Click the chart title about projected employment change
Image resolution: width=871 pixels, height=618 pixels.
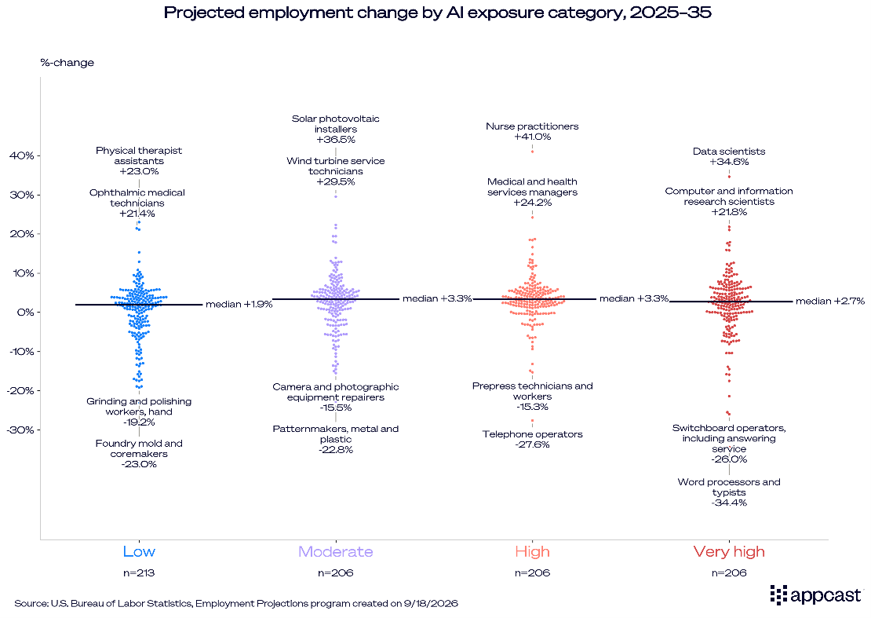click(437, 13)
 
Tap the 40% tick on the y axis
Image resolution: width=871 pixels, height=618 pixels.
click(22, 155)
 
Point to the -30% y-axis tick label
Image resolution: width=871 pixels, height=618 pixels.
click(20, 430)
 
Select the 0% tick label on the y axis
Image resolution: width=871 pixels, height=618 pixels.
click(26, 313)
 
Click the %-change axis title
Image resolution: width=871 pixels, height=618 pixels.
click(67, 62)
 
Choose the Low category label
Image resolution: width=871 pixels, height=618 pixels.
click(139, 551)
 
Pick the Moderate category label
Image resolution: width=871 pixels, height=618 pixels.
click(336, 551)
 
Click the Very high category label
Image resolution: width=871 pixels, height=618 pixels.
click(729, 552)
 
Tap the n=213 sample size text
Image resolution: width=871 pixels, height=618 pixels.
click(139, 572)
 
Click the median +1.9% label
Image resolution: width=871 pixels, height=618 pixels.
click(239, 304)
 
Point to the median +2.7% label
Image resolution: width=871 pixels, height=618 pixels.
click(830, 302)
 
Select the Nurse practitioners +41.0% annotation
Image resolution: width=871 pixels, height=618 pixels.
click(532, 131)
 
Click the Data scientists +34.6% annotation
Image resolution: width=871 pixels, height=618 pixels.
click(729, 156)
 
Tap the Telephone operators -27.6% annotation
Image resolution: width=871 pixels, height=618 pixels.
click(532, 439)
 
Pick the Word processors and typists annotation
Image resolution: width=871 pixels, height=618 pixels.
click(729, 492)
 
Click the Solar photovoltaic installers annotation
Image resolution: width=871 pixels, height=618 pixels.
click(336, 129)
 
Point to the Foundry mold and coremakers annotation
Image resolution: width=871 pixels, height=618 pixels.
click(139, 454)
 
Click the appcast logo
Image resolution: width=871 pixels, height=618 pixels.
click(815, 595)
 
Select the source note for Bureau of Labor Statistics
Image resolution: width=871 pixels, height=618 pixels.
click(236, 604)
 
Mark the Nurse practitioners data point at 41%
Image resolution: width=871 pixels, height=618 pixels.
click(532, 152)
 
